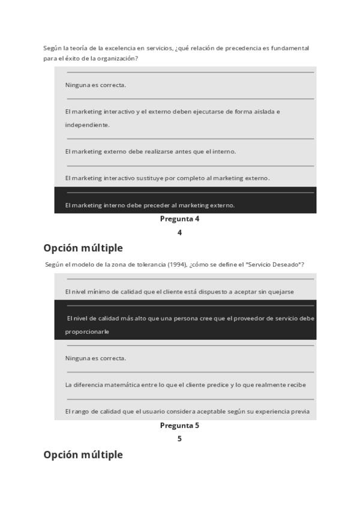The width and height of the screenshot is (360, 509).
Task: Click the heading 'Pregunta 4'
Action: [179, 219]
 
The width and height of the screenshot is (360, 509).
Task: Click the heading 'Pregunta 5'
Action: [179, 426]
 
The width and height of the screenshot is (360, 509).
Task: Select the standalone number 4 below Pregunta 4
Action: [179, 233]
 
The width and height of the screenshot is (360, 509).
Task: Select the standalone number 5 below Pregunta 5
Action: [179, 439]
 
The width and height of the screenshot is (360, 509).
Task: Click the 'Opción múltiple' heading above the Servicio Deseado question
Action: [83, 248]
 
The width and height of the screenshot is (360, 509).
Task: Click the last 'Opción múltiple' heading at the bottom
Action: [83, 454]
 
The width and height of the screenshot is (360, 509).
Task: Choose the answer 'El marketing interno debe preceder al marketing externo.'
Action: [150, 205]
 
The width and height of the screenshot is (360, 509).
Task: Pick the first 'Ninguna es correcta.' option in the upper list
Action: [95, 85]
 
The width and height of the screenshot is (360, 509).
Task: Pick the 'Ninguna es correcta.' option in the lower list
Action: [95, 358]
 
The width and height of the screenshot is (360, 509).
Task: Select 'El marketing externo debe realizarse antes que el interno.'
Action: [151, 152]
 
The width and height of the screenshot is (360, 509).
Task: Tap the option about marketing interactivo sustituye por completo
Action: [167, 178]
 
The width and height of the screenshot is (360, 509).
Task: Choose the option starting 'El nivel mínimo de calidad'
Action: [179, 292]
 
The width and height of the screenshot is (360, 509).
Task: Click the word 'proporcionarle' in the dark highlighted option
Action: [87, 331]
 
